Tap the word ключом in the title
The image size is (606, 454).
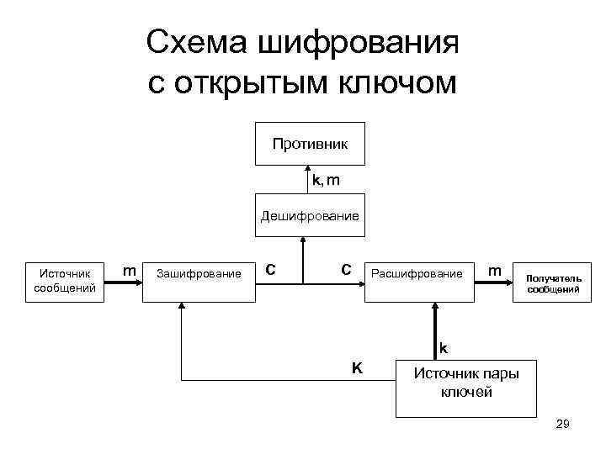[x=398, y=84]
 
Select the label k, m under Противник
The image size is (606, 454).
[x=327, y=181]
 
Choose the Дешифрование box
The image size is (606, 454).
[x=309, y=216]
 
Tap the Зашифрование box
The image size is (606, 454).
[x=199, y=273]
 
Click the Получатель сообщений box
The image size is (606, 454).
[x=553, y=282]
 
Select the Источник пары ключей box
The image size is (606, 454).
[x=465, y=383]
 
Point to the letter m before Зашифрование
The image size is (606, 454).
[x=130, y=270]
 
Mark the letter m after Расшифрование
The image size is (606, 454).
[x=496, y=271]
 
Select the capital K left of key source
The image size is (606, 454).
[x=357, y=367]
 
